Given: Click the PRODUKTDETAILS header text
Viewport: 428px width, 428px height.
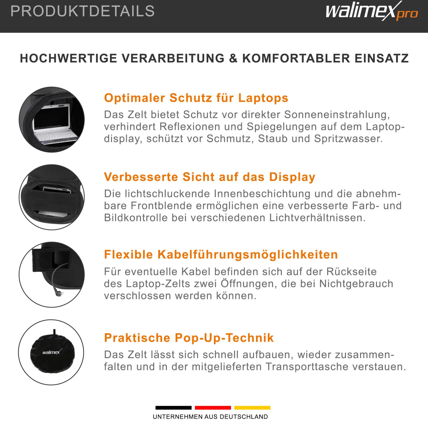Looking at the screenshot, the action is point(83,11).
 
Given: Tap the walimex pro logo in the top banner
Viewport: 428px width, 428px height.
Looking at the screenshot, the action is point(372,11).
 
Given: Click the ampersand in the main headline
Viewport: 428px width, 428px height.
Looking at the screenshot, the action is point(233,58).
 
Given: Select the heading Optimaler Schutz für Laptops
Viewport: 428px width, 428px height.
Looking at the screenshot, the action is point(196,98).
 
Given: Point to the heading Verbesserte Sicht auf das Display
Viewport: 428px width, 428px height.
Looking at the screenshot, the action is point(210,177).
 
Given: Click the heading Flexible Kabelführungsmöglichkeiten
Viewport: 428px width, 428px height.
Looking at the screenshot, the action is point(221,255).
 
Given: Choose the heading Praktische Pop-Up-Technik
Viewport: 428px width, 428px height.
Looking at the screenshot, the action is point(189,338).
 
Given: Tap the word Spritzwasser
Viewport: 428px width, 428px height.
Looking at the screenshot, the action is point(348,139).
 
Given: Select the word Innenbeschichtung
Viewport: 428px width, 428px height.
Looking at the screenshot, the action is point(262,194).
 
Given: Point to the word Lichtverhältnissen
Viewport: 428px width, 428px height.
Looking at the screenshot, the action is point(317,218).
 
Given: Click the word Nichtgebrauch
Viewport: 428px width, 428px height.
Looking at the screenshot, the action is point(356,284).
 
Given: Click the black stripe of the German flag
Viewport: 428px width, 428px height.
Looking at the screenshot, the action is point(173,408).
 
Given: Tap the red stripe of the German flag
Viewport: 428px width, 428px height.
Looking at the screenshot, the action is point(213,408).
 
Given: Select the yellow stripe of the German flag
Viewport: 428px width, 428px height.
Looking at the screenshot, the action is point(252,408).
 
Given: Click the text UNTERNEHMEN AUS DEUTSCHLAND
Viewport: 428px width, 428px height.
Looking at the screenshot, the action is point(210,417).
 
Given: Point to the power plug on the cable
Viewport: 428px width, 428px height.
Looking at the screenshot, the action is point(59,293).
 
